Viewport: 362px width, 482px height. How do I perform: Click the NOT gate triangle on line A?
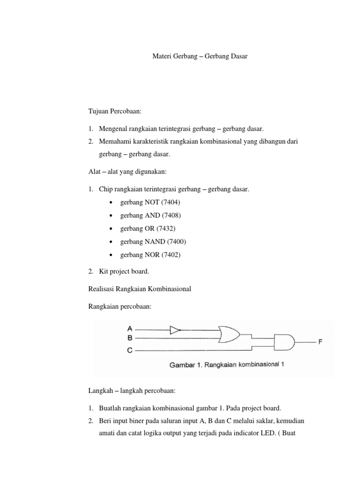[175, 330]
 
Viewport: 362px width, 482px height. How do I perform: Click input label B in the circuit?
[130, 337]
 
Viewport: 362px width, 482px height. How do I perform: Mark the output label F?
[320, 342]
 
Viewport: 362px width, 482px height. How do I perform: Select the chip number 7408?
[171, 215]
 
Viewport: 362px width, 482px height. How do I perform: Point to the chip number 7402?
[171, 255]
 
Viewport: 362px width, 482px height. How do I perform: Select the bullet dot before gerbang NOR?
[110, 255]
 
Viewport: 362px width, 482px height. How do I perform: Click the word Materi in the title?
[163, 56]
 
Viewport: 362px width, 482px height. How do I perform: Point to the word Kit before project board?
[104, 272]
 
